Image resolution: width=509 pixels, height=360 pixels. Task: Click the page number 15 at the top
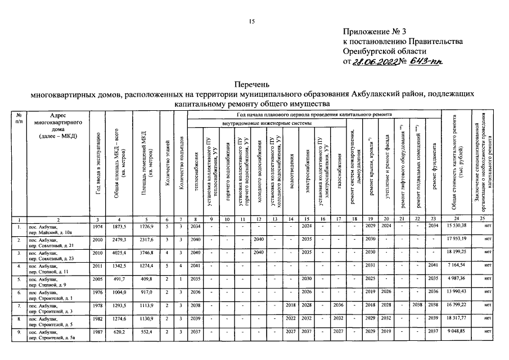pos(253,21)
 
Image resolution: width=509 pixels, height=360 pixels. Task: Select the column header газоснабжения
pos(339,174)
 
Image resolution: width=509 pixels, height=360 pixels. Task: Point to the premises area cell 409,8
pos(146,279)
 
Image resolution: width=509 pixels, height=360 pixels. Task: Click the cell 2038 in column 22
pos(418,306)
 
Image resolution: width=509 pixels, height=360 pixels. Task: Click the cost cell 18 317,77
pos(457,319)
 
